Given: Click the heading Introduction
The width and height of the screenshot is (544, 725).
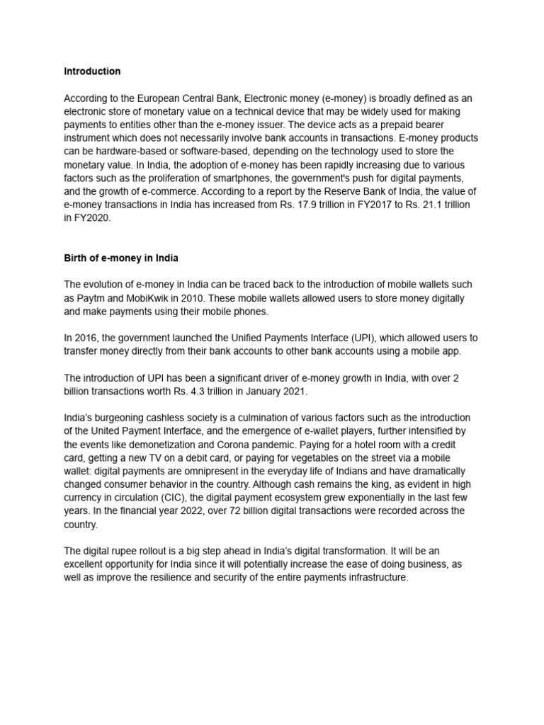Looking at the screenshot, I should [92, 72].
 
